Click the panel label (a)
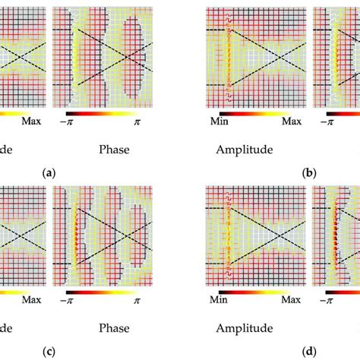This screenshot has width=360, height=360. pyautogui.click(x=49, y=173)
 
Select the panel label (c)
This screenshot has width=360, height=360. pyautogui.click(x=49, y=352)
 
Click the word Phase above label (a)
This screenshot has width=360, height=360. pyautogui.click(x=114, y=150)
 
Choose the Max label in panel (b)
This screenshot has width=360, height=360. pyautogui.click(x=292, y=122)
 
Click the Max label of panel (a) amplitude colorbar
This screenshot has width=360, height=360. pyautogui.click(x=31, y=122)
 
